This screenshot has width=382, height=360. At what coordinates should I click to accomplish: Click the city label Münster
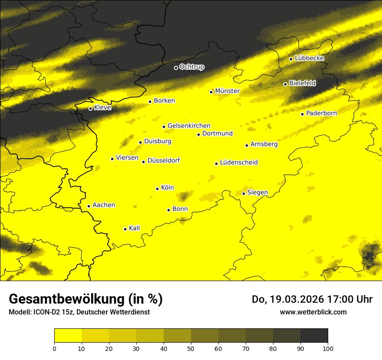pos(227,91)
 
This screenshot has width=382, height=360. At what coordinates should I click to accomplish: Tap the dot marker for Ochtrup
pos(176,68)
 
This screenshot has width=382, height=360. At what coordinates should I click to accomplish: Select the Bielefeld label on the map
pos(303,83)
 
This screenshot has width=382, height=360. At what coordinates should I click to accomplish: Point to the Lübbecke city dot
pos(291,59)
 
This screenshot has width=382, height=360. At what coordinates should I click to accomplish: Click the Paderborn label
pos(322,114)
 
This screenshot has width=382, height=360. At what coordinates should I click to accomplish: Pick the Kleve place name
pos(103,108)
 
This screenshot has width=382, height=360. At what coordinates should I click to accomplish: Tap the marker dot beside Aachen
pos(89,206)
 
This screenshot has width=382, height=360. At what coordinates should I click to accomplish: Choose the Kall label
pos(135,228)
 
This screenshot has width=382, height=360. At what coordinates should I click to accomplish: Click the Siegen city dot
pos(244,193)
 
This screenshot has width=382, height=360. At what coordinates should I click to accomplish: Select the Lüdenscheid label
pos(239,163)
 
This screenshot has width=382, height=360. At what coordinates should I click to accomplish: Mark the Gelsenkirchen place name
pos(189,126)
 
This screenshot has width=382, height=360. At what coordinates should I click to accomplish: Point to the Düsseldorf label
pos(164,160)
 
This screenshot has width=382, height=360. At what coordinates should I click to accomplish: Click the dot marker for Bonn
pos(168,210)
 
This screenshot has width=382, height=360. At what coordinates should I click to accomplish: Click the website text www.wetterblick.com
pos(313,312)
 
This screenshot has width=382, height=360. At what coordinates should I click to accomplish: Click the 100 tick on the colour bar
pos(328,348)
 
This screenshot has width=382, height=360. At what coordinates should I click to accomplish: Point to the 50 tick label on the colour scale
pos(191,348)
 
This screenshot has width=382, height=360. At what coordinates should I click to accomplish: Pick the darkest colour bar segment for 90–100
pos(314,335)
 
